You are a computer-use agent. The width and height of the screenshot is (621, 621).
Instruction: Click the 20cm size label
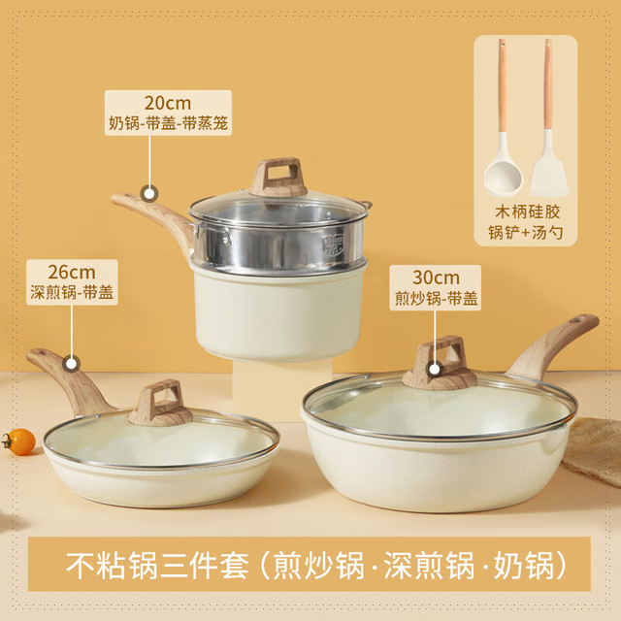(168, 103)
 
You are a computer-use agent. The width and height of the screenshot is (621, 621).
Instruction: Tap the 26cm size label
(72, 273)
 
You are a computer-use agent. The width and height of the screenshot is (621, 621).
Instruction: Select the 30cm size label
(436, 278)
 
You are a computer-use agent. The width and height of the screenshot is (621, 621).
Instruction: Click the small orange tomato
(19, 441)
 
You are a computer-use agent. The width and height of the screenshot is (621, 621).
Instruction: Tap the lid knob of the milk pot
(278, 178)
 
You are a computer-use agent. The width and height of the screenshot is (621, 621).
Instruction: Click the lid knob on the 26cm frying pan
(160, 404)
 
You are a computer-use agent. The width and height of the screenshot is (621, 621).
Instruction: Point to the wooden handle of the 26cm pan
(71, 382)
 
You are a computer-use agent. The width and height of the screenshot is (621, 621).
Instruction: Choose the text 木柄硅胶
(527, 212)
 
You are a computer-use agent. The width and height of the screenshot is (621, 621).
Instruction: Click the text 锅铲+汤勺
(526, 233)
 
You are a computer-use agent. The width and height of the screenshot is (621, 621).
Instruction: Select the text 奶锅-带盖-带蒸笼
(168, 123)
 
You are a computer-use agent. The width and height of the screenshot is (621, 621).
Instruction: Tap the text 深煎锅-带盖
(72, 293)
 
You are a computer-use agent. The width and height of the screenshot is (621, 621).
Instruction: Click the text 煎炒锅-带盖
(436, 298)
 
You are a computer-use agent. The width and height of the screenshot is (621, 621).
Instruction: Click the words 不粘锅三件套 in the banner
(157, 566)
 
